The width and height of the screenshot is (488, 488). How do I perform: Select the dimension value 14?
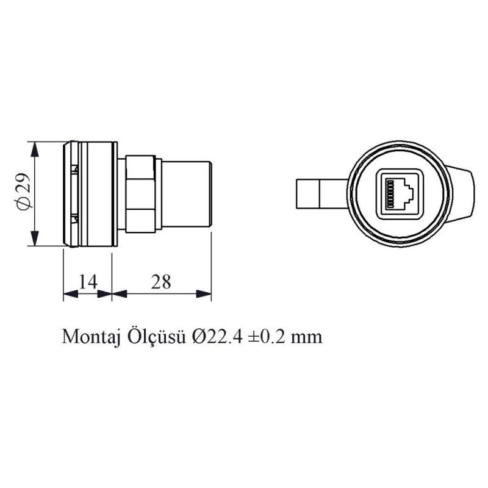tap(88, 281)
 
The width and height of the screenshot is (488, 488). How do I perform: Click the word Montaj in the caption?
tap(91, 337)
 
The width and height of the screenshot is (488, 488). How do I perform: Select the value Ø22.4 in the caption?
tap(218, 337)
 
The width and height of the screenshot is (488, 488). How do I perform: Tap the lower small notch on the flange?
tap(74, 218)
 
